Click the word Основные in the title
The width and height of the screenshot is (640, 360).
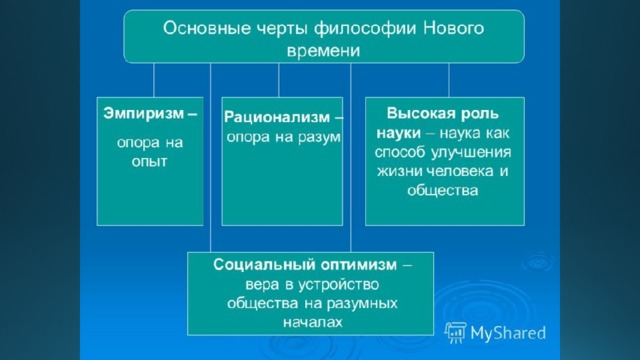(x=207, y=28)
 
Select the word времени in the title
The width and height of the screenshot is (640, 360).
(x=323, y=51)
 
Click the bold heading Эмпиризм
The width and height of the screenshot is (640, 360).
(x=143, y=114)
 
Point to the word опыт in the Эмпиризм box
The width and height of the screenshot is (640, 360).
(x=149, y=162)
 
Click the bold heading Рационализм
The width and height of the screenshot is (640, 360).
(x=277, y=118)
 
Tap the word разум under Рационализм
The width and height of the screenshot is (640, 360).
(x=319, y=138)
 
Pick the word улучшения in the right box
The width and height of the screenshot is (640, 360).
(x=471, y=153)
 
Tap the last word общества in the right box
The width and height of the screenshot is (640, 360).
(x=442, y=191)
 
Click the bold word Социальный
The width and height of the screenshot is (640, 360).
(x=264, y=265)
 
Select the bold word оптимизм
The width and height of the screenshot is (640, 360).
(x=358, y=265)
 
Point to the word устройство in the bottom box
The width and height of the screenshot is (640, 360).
(x=338, y=284)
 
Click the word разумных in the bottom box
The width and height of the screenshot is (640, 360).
(x=362, y=304)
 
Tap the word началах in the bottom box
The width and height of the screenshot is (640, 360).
(x=312, y=323)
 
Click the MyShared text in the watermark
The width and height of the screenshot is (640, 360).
(x=508, y=333)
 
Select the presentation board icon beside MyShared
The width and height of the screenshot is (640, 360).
(x=456, y=332)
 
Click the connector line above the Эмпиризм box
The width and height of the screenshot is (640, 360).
(x=154, y=80)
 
